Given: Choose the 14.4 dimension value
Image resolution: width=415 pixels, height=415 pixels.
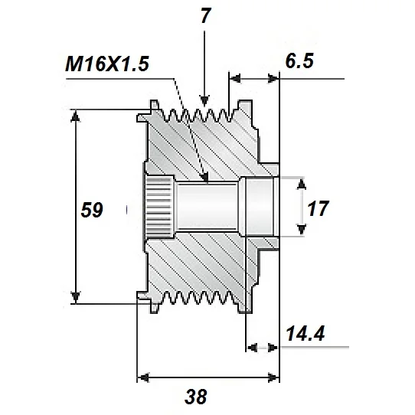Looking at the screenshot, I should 305,334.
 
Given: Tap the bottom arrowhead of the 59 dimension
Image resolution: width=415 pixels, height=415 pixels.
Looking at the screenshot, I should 76,298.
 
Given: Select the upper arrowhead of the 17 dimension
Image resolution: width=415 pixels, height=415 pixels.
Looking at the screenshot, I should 302,182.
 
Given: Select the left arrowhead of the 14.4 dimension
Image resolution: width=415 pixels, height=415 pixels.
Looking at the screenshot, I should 253,347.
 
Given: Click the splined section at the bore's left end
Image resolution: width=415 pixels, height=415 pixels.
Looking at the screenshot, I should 159,207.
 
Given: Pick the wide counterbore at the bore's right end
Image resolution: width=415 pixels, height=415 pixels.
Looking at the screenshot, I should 258,207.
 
